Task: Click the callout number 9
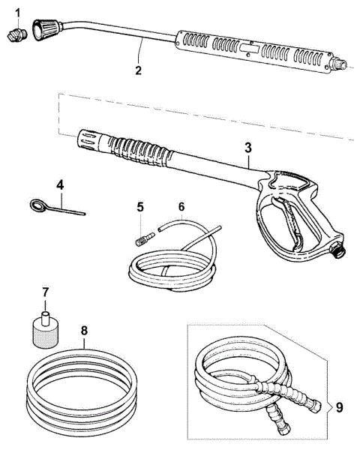pyautogui.click(x=340, y=409)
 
